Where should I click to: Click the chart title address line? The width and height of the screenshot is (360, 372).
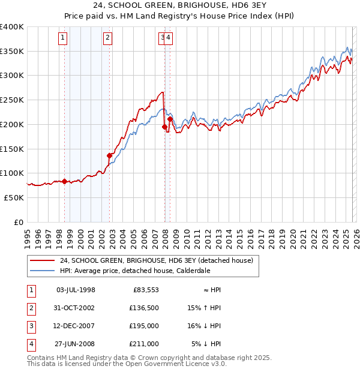[180, 5]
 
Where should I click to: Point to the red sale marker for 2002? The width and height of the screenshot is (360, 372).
[110, 155]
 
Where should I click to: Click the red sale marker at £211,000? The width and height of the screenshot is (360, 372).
[170, 119]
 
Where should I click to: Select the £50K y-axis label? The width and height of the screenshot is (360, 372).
[14, 197]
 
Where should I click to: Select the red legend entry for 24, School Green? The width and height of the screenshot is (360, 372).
[157, 260]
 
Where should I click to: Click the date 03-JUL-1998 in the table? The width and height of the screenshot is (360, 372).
[75, 290]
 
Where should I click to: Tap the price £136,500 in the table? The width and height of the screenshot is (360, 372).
[145, 308]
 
